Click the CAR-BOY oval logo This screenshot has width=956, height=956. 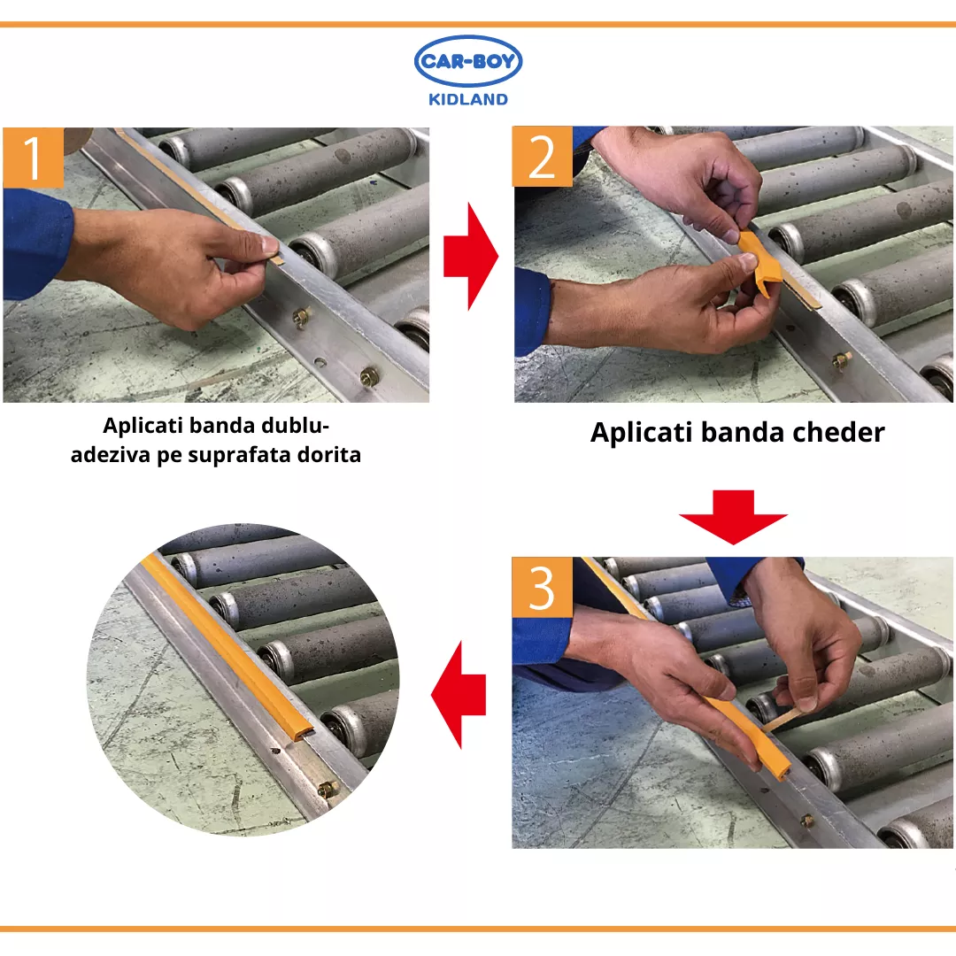coord(467,62)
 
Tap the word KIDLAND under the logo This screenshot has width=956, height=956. coord(467,99)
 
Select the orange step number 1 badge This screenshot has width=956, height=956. coord(33,158)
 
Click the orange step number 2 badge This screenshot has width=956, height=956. coord(542,157)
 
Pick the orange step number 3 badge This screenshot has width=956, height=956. coord(542,587)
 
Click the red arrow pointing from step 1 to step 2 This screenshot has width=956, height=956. coord(471,257)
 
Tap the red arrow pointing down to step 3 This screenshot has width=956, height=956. coord(733,517)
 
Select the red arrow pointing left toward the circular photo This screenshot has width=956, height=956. coord(459,695)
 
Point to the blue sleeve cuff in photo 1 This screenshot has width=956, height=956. coord(36,244)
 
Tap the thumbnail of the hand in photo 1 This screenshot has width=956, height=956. coord(269,246)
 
